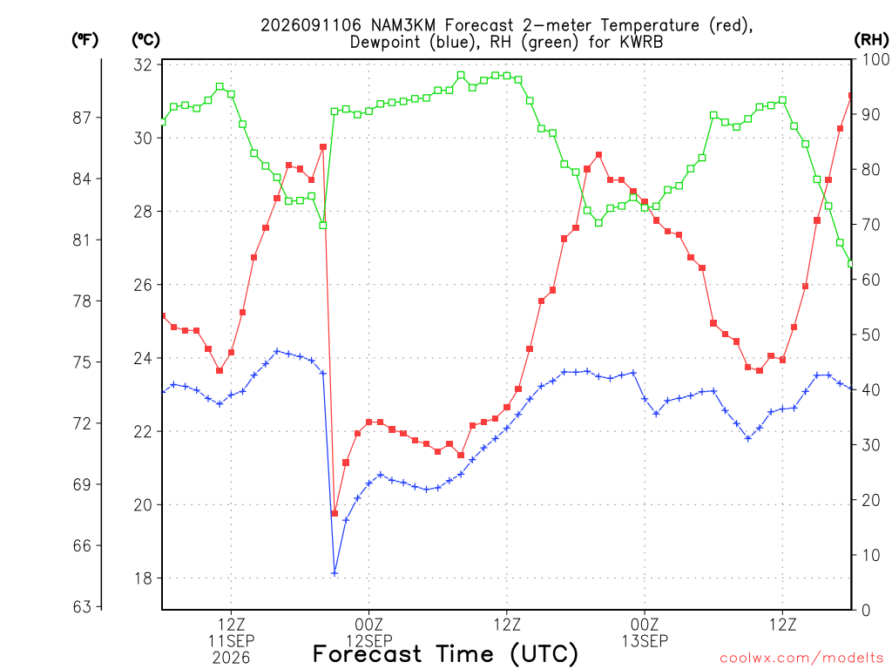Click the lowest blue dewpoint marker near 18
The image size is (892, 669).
(334, 573)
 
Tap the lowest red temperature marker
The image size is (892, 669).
(334, 513)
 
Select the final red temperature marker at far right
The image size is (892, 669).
(851, 96)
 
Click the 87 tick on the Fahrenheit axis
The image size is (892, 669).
(82, 118)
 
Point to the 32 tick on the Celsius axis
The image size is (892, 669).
(143, 64)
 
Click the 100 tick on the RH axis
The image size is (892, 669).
(875, 59)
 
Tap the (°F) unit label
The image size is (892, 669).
(84, 40)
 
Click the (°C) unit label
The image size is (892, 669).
(145, 40)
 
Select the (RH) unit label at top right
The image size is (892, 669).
(871, 40)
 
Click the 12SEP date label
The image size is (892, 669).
(369, 640)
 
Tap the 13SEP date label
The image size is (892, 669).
(645, 640)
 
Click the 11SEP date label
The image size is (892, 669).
(231, 640)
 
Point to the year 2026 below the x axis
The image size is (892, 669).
(231, 659)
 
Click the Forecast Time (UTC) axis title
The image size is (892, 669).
(445, 654)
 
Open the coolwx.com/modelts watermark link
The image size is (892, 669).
(801, 659)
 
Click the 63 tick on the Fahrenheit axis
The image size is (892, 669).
(82, 607)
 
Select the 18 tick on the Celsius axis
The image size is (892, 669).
(143, 578)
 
